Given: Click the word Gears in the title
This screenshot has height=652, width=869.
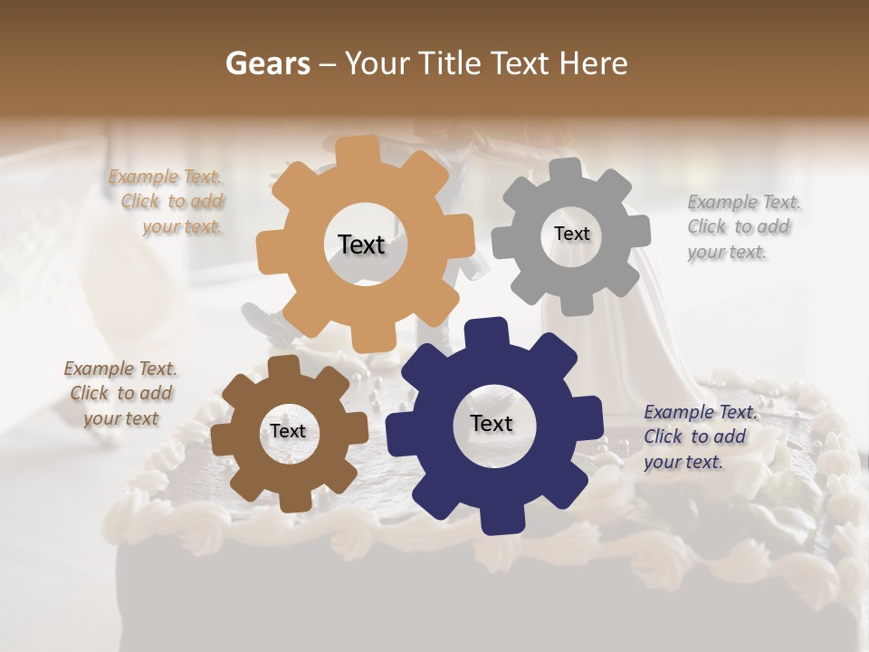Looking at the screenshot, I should tap(267, 63).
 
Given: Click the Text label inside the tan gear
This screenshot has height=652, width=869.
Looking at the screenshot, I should tap(361, 244).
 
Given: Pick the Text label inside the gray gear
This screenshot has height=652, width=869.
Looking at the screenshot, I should tap(571, 234).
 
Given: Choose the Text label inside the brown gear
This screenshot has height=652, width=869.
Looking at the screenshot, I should tap(288, 431).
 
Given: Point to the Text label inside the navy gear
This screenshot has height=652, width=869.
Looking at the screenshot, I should tap(492, 423).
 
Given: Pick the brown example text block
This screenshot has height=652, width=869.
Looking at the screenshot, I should tap(121, 393).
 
